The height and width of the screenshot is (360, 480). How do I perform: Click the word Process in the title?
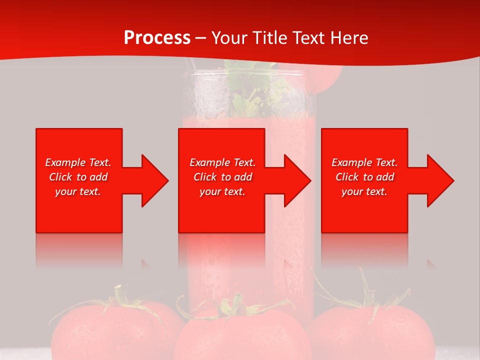click(157, 38)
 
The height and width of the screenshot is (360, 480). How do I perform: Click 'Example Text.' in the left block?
click(78, 162)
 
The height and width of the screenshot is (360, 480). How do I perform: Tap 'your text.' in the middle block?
click(222, 191)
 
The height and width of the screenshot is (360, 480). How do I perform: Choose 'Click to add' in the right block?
click(364, 177)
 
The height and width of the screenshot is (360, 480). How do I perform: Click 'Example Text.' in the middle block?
click(222, 162)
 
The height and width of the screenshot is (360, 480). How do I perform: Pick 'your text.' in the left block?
click(78, 191)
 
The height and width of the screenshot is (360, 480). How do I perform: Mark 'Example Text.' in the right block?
click(364, 162)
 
